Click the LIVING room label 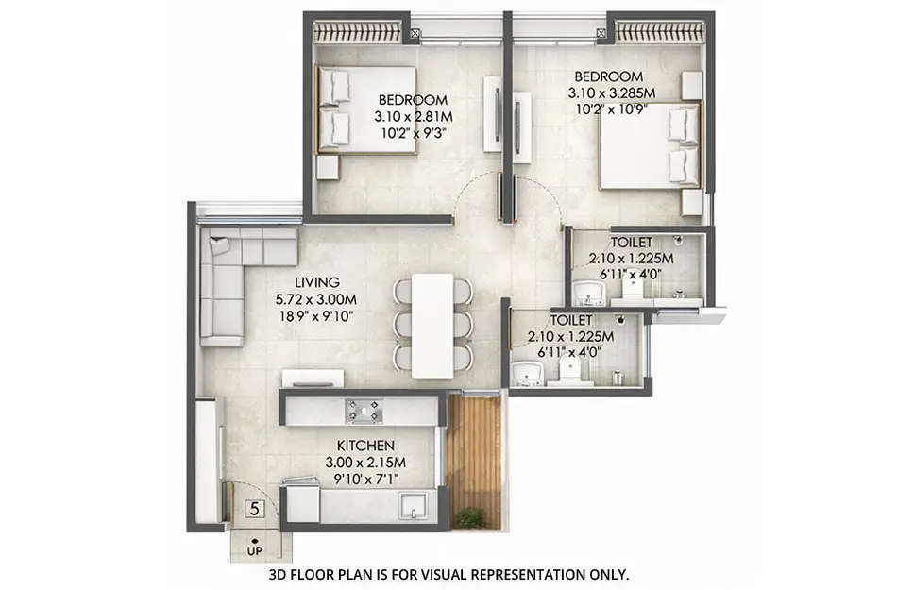click(316, 282)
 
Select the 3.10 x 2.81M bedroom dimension click(412, 117)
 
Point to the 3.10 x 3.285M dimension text click(611, 93)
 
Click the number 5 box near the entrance click(253, 510)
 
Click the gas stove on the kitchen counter click(364, 411)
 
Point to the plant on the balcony click(470, 517)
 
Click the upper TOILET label click(631, 242)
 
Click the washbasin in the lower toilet click(525, 374)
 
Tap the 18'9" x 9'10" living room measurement click(314, 316)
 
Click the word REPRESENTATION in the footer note click(515, 573)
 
